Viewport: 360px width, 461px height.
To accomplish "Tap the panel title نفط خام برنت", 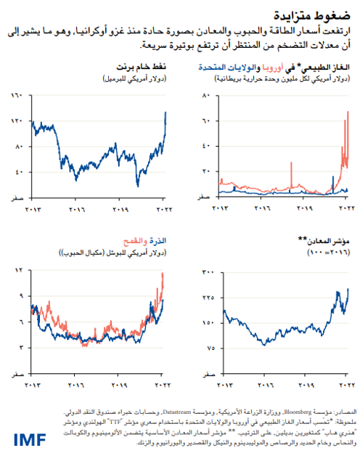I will [146, 68].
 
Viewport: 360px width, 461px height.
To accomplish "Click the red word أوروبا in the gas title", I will [273, 68].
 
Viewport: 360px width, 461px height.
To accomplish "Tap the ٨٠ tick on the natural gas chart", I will [206, 95].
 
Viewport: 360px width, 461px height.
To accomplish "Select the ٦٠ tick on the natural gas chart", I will [206, 121].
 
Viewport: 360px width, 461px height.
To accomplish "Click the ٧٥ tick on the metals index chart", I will [208, 348].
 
